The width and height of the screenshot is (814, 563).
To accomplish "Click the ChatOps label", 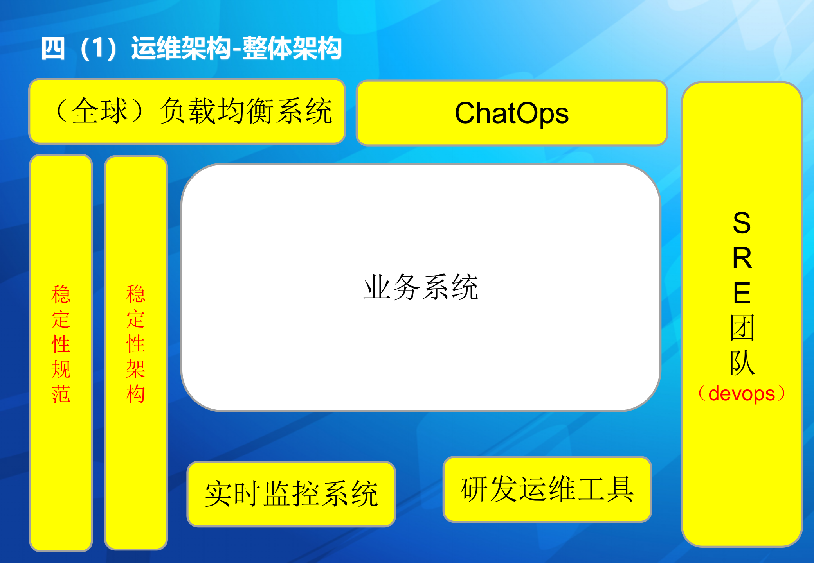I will [511, 113].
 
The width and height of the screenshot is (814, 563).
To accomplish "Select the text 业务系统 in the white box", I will [421, 287].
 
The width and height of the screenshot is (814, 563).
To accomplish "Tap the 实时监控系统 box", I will [291, 494].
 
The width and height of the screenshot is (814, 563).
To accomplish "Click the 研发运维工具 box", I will [547, 489].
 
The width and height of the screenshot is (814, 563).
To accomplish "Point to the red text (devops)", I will [742, 394].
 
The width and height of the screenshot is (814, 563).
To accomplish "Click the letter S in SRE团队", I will [742, 223].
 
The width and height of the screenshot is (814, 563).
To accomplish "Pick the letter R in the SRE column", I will [742, 258].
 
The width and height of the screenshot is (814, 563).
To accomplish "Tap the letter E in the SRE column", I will [742, 293].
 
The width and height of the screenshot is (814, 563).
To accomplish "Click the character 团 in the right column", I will [742, 328].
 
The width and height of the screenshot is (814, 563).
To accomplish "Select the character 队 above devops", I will [742, 363].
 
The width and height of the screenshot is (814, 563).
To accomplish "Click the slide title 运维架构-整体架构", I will [236, 49].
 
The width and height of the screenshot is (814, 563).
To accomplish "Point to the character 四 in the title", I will [53, 49].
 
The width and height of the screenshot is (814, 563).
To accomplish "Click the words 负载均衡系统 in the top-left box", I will [246, 111].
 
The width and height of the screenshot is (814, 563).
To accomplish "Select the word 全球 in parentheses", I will [100, 111].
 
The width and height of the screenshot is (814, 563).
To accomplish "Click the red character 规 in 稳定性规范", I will [61, 369].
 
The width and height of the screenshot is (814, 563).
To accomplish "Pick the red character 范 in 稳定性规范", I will [61, 394].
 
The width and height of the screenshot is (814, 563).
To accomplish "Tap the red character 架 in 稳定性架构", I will [136, 369].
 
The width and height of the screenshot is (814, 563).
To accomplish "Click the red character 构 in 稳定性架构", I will [136, 394].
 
